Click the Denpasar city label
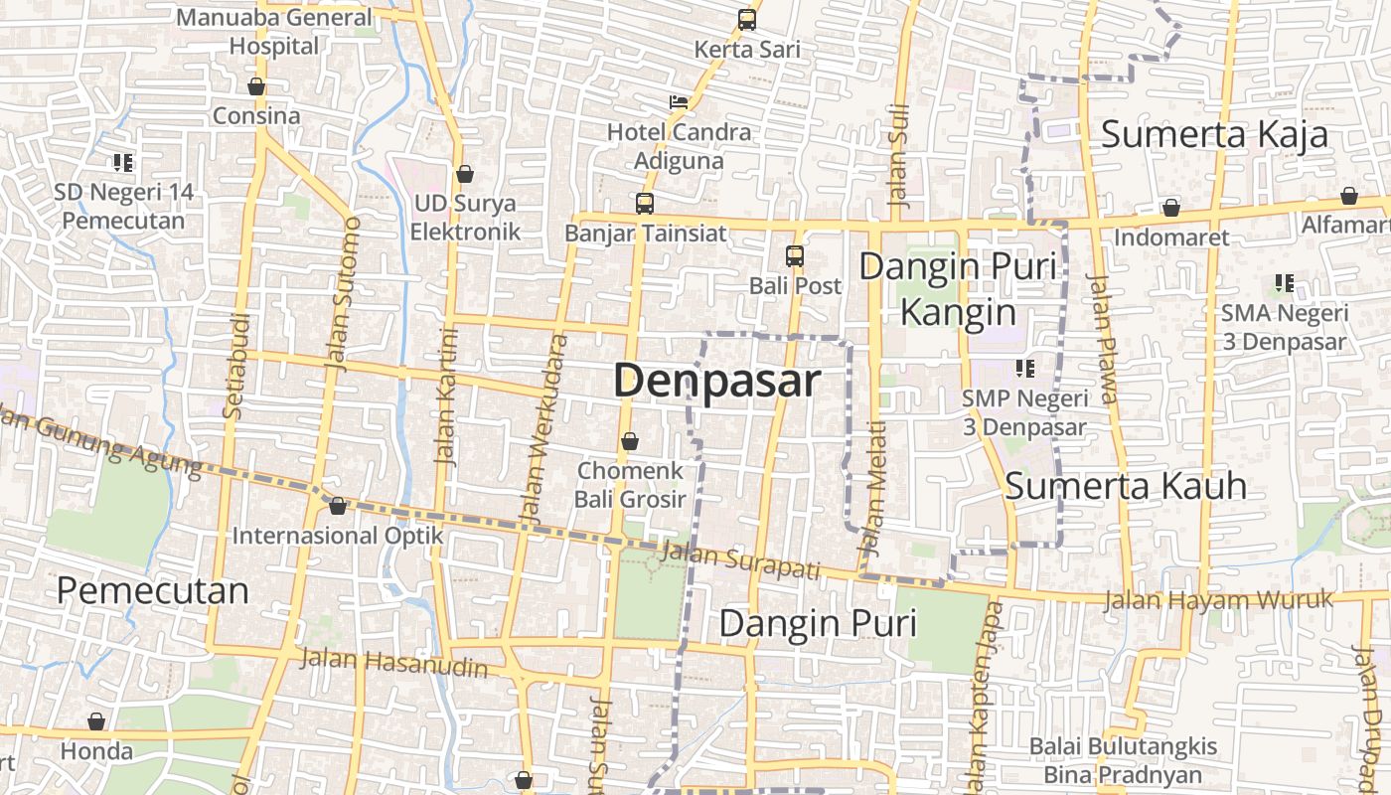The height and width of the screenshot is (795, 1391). [717, 381]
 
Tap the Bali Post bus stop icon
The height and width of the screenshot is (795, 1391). [795, 256]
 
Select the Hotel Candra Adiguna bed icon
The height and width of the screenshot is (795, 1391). [679, 102]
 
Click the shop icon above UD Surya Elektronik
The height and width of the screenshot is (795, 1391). [464, 175]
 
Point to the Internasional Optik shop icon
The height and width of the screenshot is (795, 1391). [338, 507]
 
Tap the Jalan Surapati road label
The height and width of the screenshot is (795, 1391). [740, 561]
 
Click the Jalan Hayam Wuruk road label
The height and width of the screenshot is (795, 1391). [1218, 600]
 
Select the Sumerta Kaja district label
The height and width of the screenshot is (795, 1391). [1214, 134]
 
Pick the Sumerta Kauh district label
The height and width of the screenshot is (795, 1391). [1126, 486]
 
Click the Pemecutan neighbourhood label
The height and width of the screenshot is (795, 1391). [152, 590]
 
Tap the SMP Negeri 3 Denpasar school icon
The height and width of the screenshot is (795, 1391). [1025, 369]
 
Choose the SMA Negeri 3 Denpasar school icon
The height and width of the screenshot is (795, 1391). [1285, 283]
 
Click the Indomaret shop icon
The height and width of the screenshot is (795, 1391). [1171, 208]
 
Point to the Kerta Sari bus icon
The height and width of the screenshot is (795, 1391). [747, 19]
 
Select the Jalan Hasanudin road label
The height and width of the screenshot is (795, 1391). [394, 662]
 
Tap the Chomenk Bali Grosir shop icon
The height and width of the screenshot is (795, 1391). [629, 441]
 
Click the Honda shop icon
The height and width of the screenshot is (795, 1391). [96, 721]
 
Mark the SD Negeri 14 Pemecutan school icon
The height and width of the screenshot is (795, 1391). [123, 162]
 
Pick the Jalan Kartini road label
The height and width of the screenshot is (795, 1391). [447, 396]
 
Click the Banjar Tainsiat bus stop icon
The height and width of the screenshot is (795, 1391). [645, 204]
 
